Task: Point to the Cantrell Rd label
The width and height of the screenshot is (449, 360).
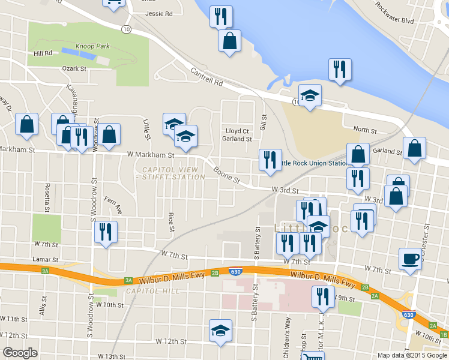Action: tap(207, 77)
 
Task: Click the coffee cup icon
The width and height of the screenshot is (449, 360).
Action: tap(410, 259)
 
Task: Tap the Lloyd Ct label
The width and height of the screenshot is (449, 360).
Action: tap(237, 131)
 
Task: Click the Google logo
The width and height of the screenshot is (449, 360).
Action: tap(20, 353)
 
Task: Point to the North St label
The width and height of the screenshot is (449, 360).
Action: tap(364, 130)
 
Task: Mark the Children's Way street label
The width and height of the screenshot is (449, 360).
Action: tap(288, 342)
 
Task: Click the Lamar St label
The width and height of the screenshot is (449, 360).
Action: tap(46, 260)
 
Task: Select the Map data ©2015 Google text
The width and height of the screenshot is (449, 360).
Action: tap(411, 355)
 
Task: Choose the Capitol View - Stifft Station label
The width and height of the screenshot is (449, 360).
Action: tap(170, 173)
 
